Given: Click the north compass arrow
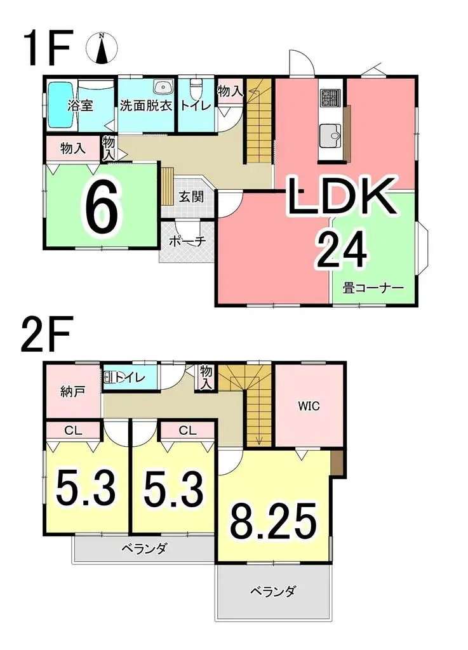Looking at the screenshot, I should tap(102, 50).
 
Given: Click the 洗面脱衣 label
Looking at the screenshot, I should tap(147, 106).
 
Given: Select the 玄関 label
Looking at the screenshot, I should tap(191, 197).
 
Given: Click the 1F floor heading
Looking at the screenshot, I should tap(46, 48).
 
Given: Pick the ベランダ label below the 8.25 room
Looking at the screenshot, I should tap(272, 593).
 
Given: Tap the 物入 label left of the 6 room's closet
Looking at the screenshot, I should tap(73, 149).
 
